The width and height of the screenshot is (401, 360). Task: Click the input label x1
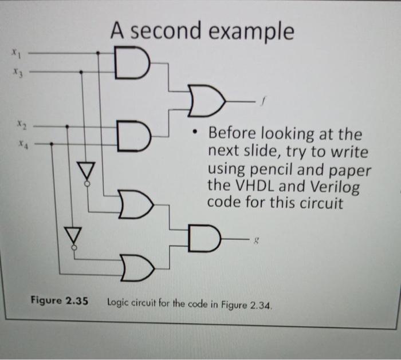(17, 54)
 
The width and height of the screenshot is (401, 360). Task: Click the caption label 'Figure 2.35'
(60, 300)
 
